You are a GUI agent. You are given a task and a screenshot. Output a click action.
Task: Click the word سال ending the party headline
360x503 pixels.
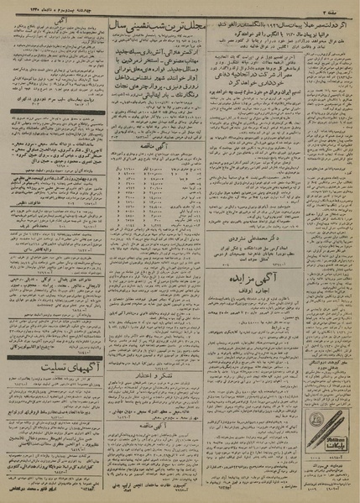tap(122, 25)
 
